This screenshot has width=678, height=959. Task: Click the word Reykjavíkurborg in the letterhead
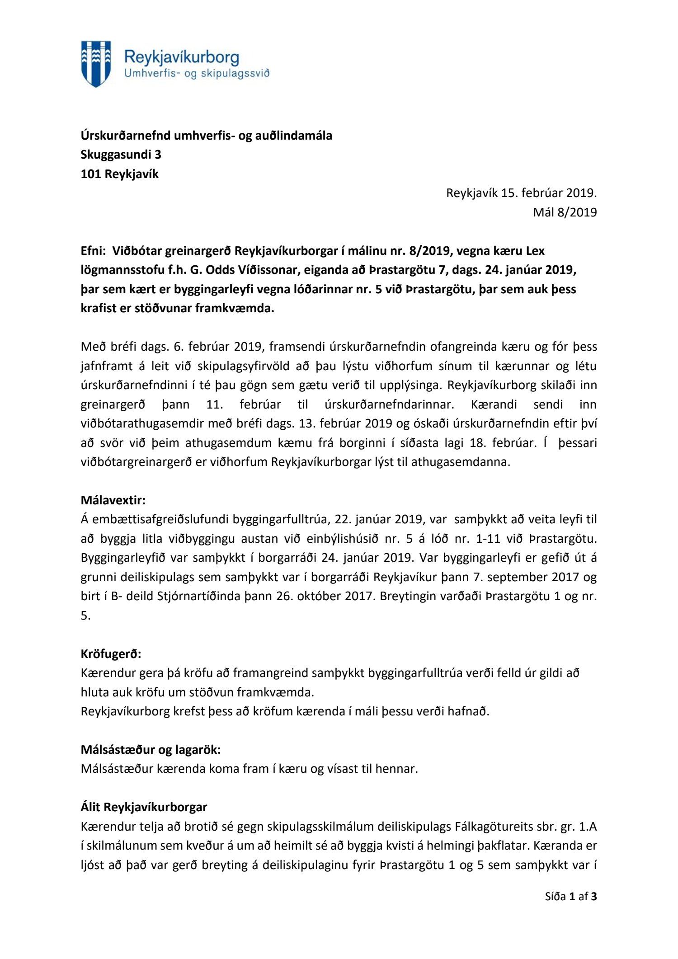click(181, 57)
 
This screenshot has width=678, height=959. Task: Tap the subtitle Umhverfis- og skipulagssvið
click(197, 74)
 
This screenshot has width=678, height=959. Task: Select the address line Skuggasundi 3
click(121, 155)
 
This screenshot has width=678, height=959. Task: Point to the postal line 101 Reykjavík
click(119, 174)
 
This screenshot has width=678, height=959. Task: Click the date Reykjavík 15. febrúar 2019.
click(521, 193)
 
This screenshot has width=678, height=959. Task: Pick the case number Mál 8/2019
click(565, 212)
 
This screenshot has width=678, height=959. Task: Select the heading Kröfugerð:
click(111, 653)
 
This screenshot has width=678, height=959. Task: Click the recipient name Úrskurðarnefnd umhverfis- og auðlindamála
click(206, 135)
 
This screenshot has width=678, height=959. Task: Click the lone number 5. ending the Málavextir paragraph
click(85, 616)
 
